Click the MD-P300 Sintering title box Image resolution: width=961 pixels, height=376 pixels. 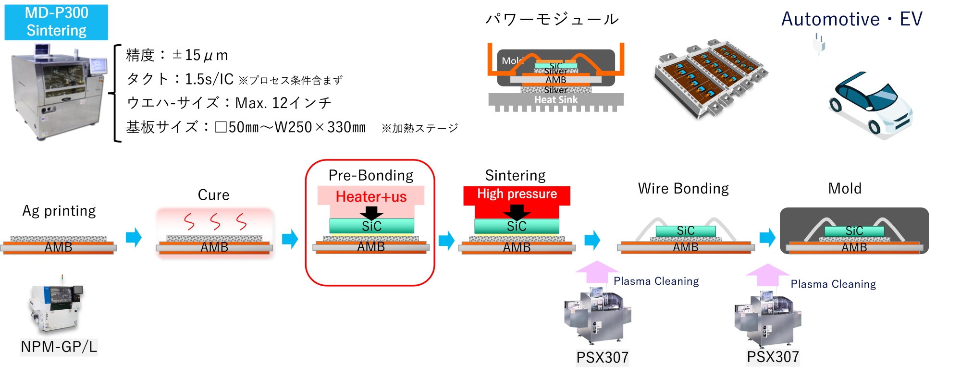(x=56, y=22)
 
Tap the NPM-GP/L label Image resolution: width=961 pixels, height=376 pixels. (x=59, y=346)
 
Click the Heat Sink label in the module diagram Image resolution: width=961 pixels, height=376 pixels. (x=556, y=100)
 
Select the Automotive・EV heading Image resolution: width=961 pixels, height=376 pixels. (x=852, y=19)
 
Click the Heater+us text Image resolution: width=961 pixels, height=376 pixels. (x=371, y=196)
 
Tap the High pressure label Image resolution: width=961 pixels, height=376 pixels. (x=517, y=194)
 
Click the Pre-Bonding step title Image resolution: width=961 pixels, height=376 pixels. (x=371, y=175)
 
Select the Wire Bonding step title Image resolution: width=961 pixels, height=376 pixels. (x=683, y=189)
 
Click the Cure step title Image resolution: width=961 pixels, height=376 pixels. (x=214, y=195)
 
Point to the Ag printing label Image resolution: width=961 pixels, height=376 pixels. (x=59, y=211)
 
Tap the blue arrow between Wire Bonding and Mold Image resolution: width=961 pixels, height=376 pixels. (x=767, y=237)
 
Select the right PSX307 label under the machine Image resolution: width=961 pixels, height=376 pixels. (x=773, y=357)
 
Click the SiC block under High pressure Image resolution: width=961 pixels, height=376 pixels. (x=517, y=226)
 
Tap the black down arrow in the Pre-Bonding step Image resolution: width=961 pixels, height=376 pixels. (x=371, y=213)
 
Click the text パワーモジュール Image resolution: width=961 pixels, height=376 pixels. (x=552, y=19)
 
